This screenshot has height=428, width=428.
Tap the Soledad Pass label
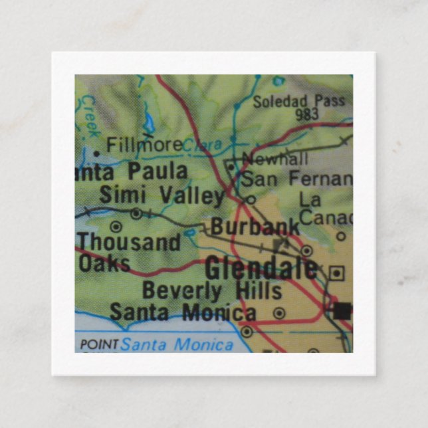coord(299,102)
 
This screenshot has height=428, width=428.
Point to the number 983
coord(307,114)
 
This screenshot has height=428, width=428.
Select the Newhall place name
coord(275,159)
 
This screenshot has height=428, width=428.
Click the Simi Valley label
coord(161,196)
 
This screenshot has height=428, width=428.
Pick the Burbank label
coord(255,227)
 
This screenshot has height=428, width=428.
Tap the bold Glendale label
coord(261,268)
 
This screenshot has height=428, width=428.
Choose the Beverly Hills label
coord(212,290)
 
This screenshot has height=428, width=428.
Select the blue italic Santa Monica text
coord(177,344)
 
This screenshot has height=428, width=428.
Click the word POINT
coord(98,344)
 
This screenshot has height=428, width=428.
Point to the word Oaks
coord(104,263)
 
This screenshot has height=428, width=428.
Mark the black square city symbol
coord(342,310)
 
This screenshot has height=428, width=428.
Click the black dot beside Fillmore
coord(97,153)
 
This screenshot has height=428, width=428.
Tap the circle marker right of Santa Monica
coord(279,312)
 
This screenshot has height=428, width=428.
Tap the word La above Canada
coord(310,199)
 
